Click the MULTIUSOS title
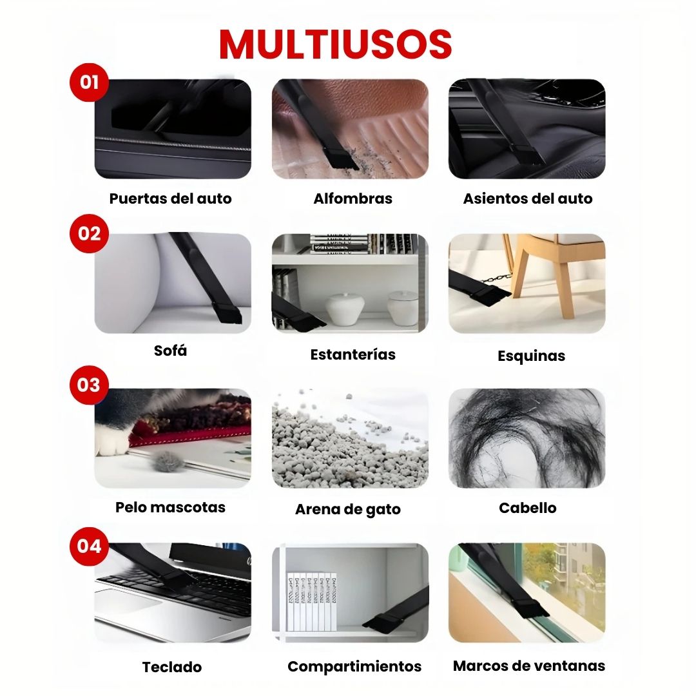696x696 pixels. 335,44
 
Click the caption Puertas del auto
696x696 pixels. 170,198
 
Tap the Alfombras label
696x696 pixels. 353,198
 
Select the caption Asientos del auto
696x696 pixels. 527,198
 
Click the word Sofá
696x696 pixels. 170,351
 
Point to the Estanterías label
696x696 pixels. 353,354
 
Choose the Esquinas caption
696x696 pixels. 531,356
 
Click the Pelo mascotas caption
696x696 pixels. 170,507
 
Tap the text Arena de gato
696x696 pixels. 348,510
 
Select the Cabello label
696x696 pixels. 527,508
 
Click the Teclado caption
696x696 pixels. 172,667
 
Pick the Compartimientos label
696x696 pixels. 354,666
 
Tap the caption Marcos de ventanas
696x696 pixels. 529,666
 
